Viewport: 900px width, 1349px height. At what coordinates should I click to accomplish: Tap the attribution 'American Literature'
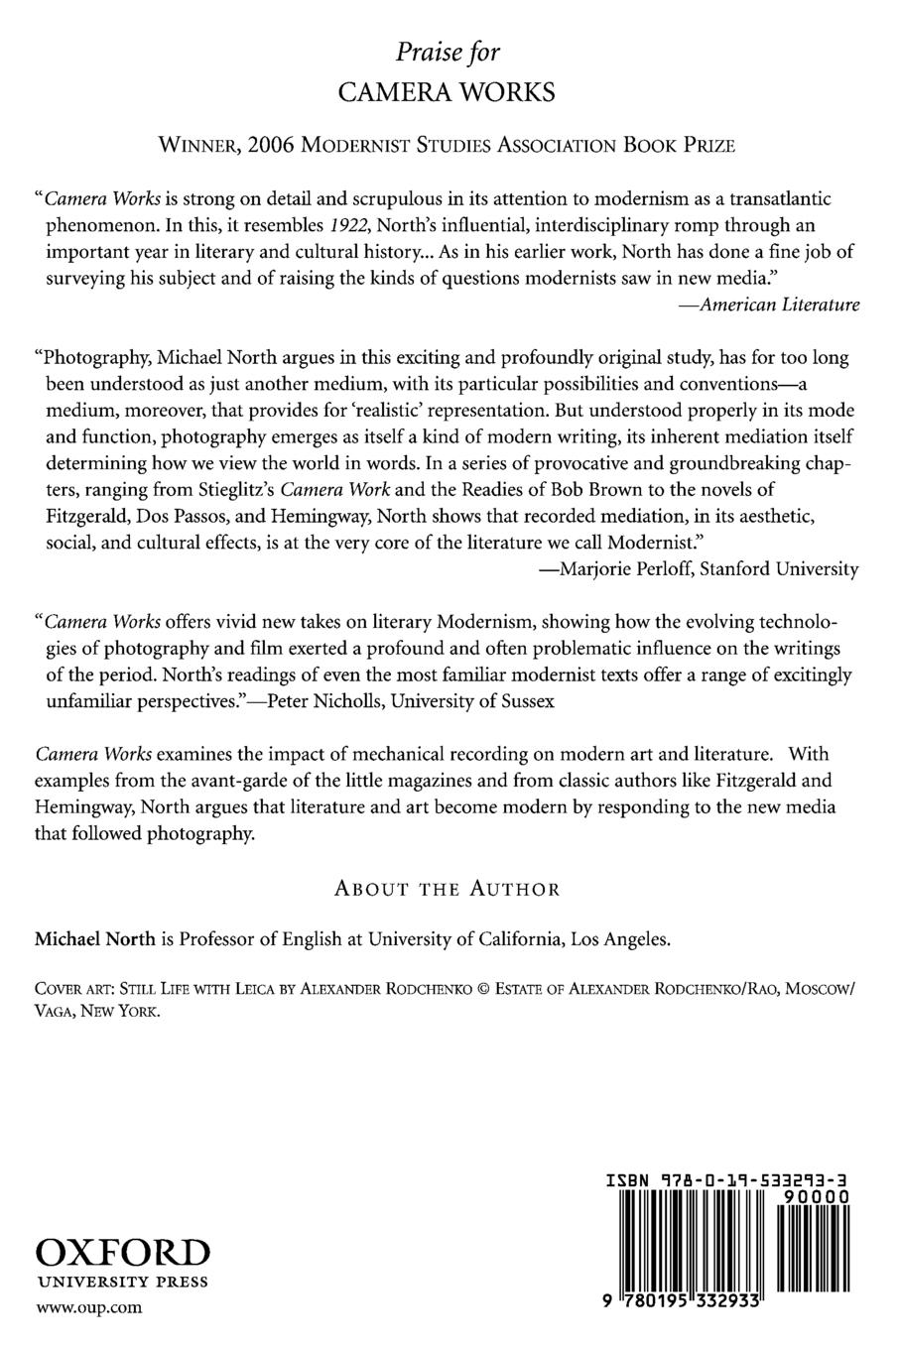770,306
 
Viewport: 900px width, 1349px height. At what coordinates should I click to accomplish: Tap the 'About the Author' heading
448,889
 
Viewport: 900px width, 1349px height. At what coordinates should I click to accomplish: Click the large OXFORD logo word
123,1251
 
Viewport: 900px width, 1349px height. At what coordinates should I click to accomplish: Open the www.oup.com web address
88,1307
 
